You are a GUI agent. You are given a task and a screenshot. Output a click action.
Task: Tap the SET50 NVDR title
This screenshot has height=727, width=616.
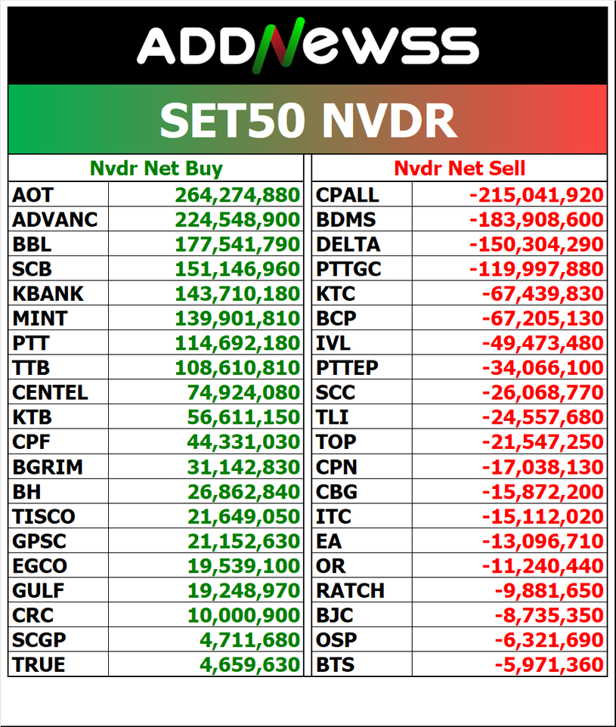click(308, 119)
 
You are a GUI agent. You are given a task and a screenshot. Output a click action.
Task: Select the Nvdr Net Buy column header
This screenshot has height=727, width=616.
click(156, 168)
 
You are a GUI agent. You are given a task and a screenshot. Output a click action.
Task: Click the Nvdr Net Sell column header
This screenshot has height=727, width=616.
click(460, 168)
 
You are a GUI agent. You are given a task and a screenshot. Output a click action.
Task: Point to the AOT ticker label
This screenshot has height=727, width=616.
click(33, 195)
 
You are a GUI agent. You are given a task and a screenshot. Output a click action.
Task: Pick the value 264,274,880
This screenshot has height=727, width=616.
click(237, 195)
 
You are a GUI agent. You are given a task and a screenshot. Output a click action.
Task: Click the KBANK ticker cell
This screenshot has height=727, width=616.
click(48, 294)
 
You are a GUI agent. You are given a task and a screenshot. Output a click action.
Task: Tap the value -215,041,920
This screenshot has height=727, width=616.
click(537, 195)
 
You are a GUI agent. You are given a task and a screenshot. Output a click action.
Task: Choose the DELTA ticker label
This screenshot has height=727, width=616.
click(348, 245)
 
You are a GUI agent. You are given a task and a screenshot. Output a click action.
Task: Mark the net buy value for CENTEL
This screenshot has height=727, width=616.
click(243, 393)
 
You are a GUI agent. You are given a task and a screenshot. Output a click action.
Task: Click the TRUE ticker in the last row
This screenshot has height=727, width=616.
click(39, 665)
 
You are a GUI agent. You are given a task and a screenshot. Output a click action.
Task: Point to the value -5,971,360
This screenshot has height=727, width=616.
click(549, 665)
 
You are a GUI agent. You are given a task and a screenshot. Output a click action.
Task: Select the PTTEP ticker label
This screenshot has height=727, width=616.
click(347, 368)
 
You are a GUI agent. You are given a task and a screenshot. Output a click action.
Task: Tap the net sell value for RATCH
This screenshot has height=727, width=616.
click(549, 591)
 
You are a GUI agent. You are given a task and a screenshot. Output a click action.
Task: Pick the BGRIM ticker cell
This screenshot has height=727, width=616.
click(48, 467)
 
